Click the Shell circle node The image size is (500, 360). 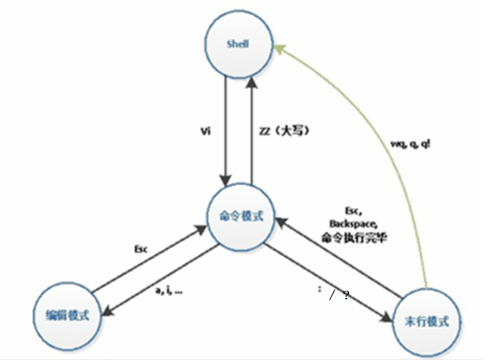point(238,45)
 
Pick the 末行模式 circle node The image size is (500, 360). point(427,321)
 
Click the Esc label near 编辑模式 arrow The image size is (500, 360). point(140,249)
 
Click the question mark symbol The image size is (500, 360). point(346,295)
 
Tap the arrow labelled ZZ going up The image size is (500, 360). point(252,131)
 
